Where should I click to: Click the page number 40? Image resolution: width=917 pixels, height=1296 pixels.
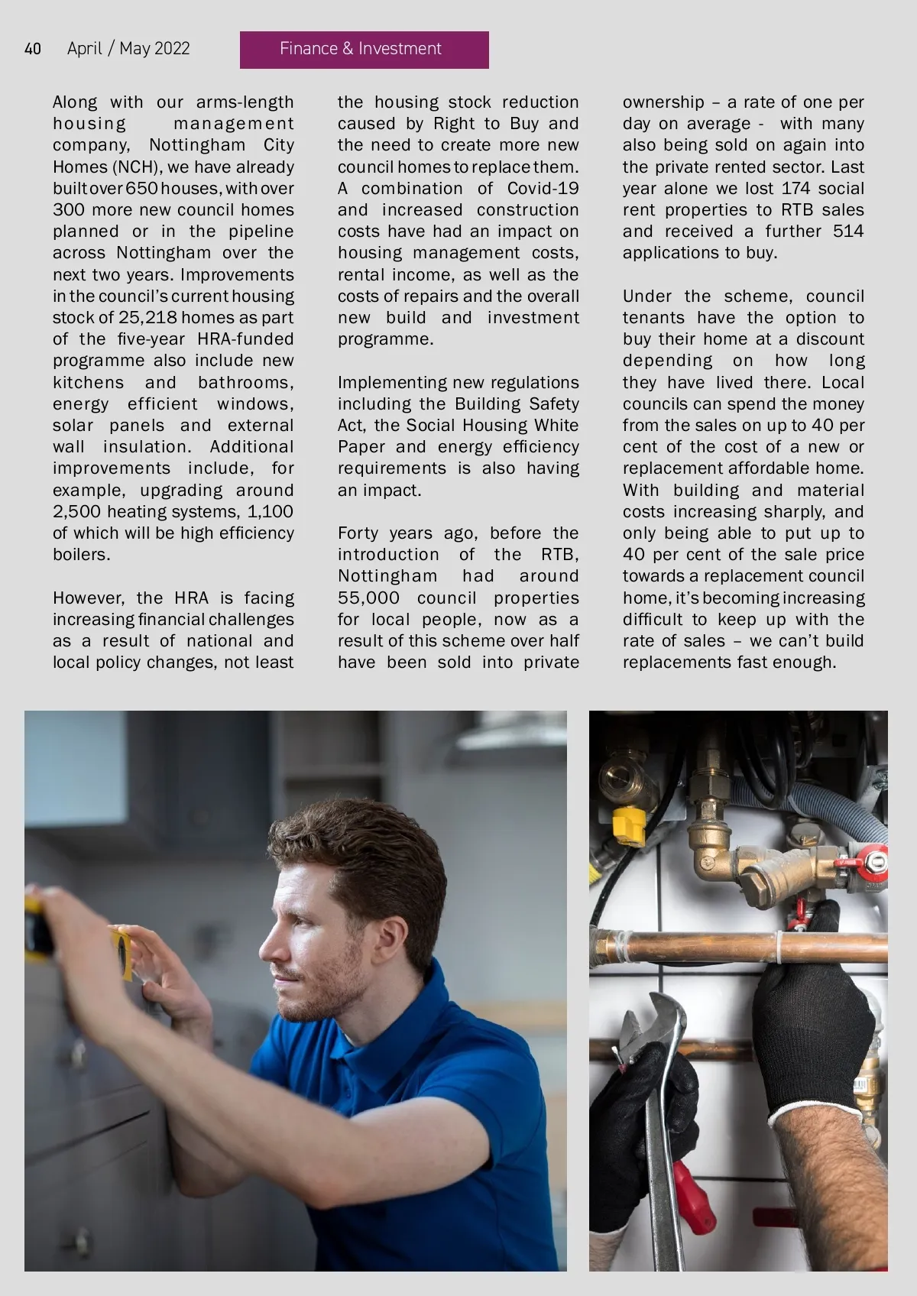33,49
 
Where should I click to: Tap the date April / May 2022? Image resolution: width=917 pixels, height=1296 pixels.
128,49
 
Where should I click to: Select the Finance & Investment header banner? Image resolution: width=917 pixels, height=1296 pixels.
364,50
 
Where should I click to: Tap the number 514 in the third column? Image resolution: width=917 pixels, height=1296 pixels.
848,232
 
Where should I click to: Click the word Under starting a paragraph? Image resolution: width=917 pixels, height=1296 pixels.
647,296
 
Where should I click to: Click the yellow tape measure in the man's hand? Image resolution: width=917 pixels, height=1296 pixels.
122,951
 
